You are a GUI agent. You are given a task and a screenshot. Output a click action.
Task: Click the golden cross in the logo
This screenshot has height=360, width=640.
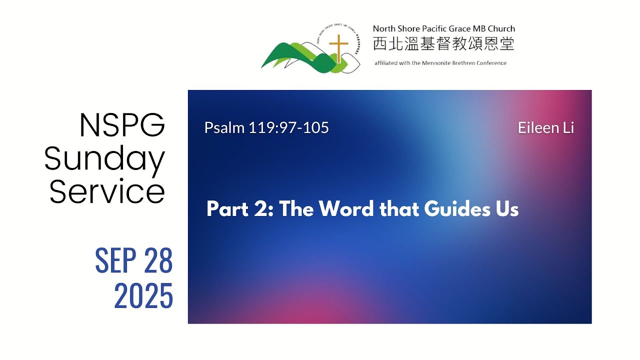pos(338,48)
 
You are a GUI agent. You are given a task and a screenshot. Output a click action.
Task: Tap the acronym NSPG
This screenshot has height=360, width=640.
pos(122,125)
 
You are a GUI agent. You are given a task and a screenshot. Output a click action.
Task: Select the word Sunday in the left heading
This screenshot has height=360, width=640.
pos(104,159)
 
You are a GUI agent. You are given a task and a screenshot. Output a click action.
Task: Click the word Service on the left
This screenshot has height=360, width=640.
pos(107,191)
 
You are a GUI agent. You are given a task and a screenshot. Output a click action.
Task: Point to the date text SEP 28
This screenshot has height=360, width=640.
pos(133,260)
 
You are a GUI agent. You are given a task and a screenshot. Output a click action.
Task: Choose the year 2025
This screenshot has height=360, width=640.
pos(143,295)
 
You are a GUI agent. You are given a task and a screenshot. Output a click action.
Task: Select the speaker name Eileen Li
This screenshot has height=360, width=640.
pos(545,128)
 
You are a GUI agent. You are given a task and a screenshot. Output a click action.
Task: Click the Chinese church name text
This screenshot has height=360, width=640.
pos(443,44)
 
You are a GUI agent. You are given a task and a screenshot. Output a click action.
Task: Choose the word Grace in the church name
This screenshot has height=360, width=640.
pos(455,29)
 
